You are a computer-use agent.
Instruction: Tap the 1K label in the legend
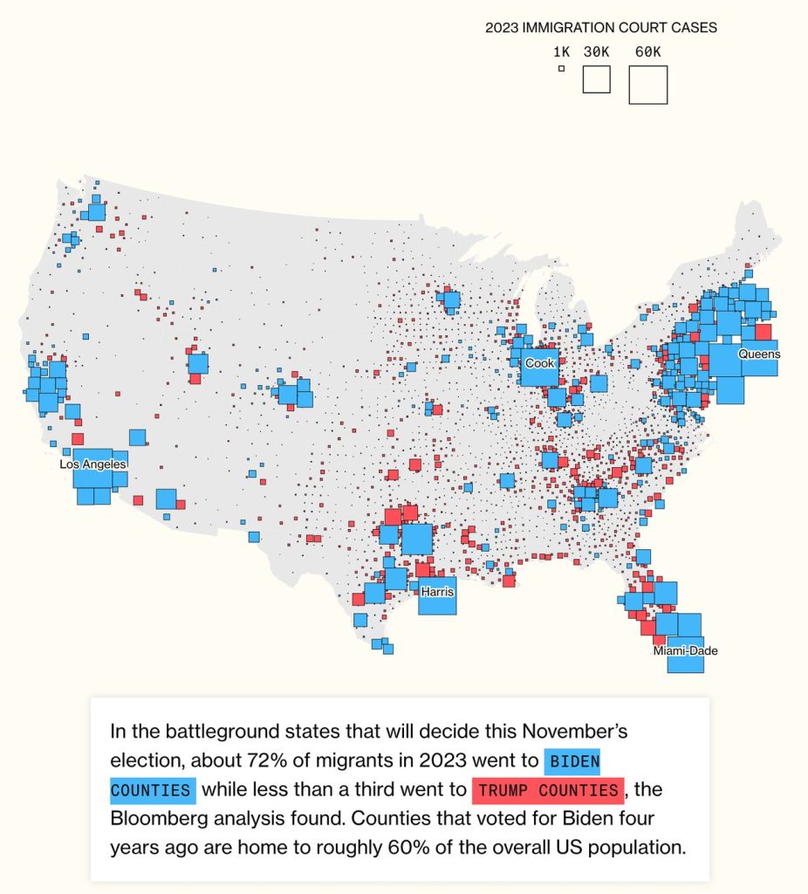pos(561,52)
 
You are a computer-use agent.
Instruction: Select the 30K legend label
pos(597,52)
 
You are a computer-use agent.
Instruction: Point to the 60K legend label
pos(648,52)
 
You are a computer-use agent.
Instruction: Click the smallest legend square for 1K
pos(561,68)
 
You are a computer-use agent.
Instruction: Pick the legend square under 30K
pos(597,79)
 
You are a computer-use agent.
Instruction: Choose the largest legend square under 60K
pos(648,85)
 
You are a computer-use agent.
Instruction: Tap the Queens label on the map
pos(759,354)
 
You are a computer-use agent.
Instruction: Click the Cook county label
pos(538,363)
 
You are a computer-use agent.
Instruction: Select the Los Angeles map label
pos(93,465)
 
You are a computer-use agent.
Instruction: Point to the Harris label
pos(437,592)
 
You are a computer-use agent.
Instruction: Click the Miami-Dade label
pos(686,651)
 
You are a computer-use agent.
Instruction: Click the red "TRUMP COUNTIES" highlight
pos(548,791)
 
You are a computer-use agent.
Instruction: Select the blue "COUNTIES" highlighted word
pos(152,791)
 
